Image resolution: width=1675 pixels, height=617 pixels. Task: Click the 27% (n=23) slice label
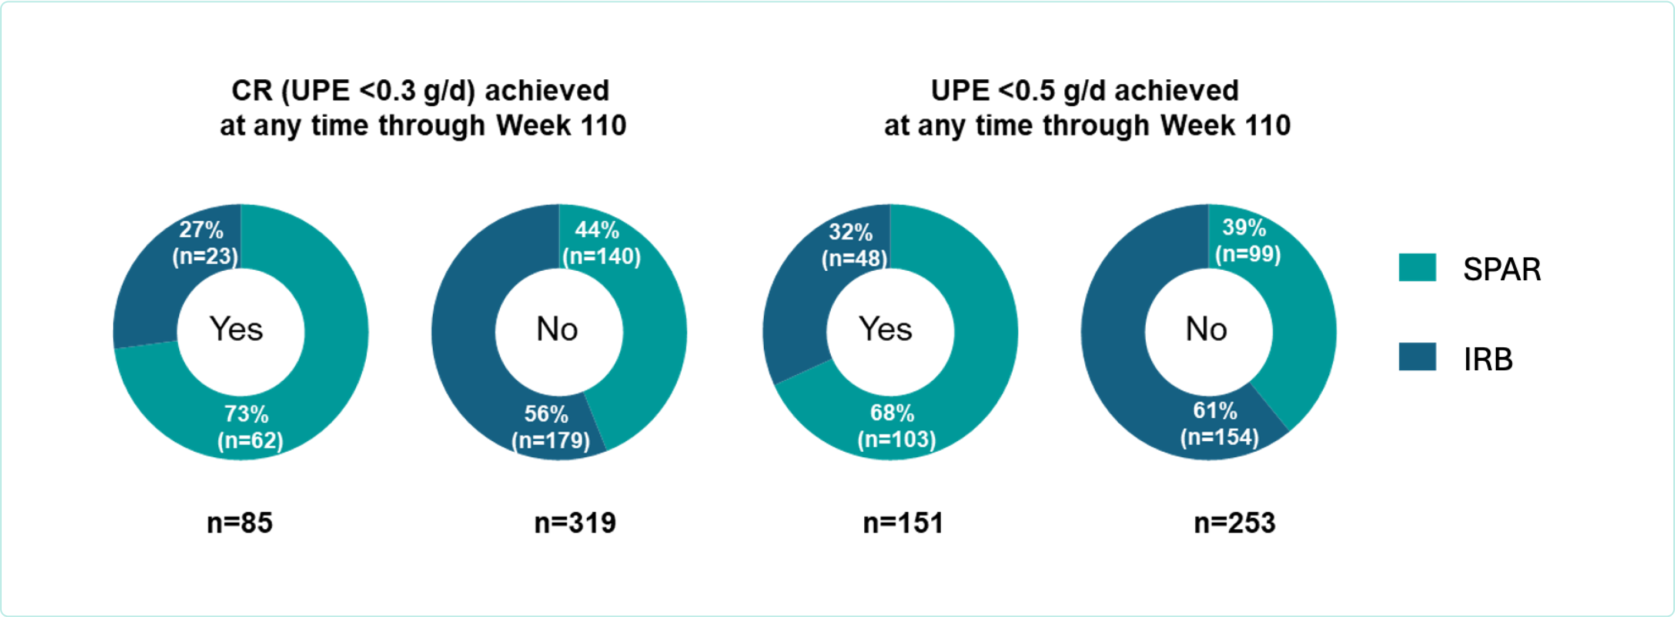205,243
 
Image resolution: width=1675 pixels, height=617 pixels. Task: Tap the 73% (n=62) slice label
250,427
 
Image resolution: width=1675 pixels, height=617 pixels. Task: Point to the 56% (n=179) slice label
550,427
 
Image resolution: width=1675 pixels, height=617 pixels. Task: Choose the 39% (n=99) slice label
1247,241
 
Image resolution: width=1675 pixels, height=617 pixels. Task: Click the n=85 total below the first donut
240,523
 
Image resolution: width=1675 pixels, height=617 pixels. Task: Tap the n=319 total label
575,523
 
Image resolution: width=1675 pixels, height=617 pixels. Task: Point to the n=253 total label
1234,523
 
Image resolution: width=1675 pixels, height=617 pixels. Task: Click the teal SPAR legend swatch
1418,267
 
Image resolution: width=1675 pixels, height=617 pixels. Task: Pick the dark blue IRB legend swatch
1418,357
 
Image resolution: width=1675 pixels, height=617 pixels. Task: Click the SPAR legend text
1501,269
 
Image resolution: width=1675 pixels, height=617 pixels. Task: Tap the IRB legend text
1488,359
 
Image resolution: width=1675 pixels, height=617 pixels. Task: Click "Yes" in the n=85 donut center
236,329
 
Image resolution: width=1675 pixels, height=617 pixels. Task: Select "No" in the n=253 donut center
1206,329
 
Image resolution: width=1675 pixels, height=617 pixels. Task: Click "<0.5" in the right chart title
1026,90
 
